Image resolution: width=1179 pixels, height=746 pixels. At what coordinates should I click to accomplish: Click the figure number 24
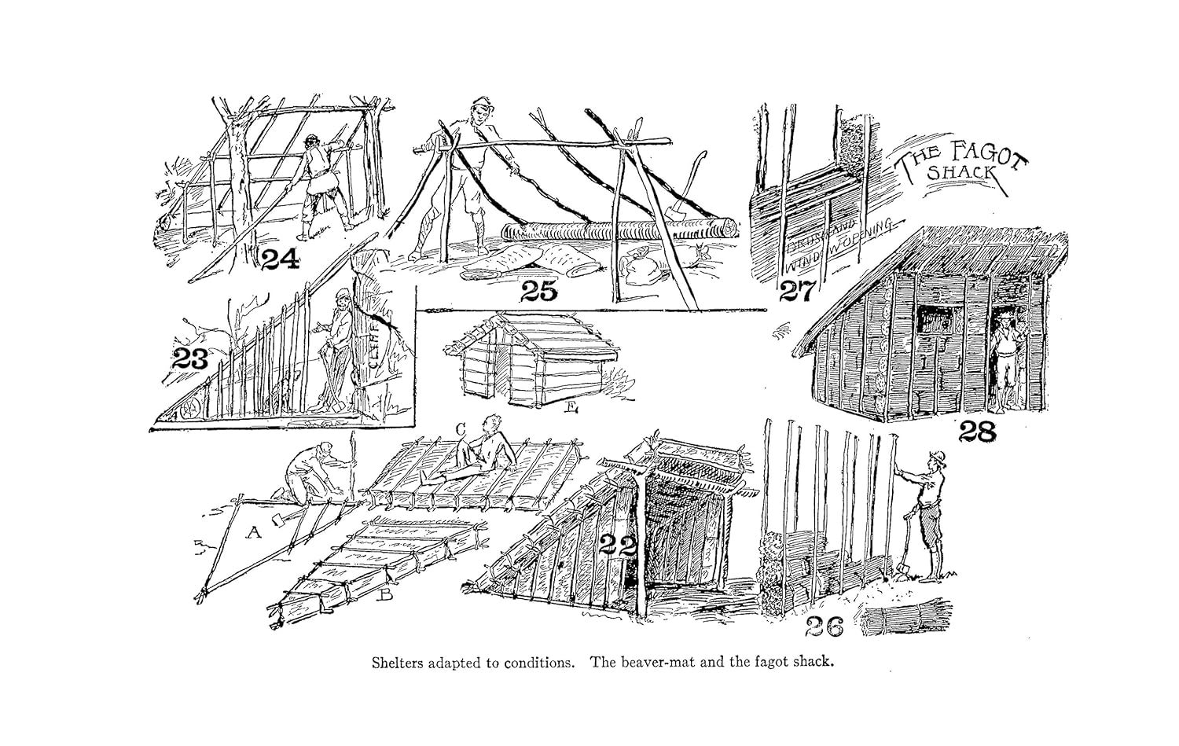[280, 259]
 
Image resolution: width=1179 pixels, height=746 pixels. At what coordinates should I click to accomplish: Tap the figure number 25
[538, 292]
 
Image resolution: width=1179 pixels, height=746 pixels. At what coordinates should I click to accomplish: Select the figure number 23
[190, 360]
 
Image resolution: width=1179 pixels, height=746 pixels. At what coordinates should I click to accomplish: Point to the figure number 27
[799, 292]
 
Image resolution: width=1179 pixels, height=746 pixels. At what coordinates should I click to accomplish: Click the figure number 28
[977, 431]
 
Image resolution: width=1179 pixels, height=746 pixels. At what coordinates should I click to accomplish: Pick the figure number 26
[824, 627]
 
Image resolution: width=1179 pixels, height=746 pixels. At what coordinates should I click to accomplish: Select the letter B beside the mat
[385, 595]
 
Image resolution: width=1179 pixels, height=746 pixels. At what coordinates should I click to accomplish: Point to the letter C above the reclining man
[461, 428]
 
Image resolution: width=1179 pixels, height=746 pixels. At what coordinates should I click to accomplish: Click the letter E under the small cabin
[571, 406]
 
